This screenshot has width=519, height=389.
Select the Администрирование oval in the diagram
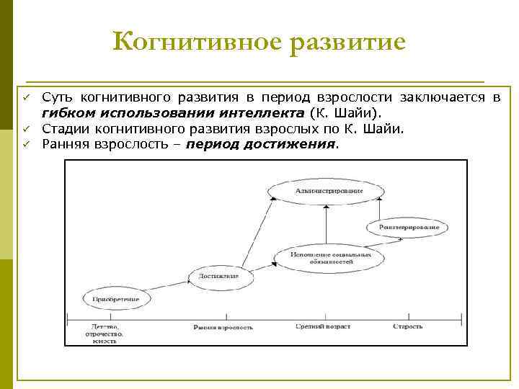point(327,190)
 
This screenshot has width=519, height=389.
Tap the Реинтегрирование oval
point(408,226)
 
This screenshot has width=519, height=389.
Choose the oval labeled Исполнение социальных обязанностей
point(332,259)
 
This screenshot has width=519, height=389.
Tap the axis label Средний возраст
point(323,327)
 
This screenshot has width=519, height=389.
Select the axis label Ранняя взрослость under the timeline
point(223,327)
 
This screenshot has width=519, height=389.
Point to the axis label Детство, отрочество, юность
point(105,334)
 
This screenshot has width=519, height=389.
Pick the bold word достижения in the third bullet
point(298,143)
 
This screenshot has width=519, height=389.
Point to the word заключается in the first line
point(451,97)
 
